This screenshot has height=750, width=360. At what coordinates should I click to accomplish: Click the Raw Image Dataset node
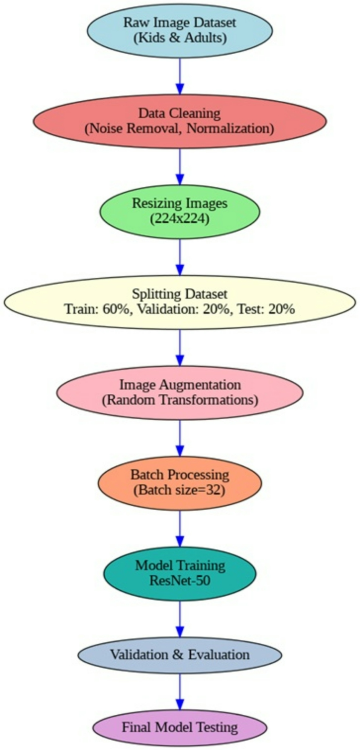[x=180, y=30]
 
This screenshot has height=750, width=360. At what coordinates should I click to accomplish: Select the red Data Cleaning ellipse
[x=180, y=121]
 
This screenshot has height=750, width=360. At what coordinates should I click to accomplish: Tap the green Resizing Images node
[x=180, y=212]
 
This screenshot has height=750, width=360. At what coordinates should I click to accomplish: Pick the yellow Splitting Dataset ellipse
[x=180, y=302]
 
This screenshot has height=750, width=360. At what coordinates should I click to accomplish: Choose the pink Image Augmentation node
[x=180, y=392]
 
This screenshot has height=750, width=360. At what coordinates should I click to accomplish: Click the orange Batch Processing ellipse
[x=180, y=483]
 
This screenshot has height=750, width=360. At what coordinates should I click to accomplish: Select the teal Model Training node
[x=180, y=574]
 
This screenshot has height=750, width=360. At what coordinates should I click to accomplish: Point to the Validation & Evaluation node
[x=180, y=655]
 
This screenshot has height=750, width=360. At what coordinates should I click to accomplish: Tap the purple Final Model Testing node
[x=180, y=727]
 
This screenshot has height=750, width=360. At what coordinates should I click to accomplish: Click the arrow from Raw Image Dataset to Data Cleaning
[x=180, y=76]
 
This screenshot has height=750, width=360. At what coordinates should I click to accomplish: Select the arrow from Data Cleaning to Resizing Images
[x=180, y=166]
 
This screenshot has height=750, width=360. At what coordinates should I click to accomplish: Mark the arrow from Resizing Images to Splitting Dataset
[x=180, y=257]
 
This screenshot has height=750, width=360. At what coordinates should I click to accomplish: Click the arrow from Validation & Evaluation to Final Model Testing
[x=180, y=692]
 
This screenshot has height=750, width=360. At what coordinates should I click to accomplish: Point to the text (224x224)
[x=180, y=219]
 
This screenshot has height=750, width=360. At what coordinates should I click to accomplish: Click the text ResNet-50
[x=180, y=581]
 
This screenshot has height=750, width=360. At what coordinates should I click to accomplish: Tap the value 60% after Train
[x=115, y=309]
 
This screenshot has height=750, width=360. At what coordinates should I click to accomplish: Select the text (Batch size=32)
[x=180, y=491]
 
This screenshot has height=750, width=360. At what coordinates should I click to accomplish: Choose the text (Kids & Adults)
[x=180, y=37]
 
